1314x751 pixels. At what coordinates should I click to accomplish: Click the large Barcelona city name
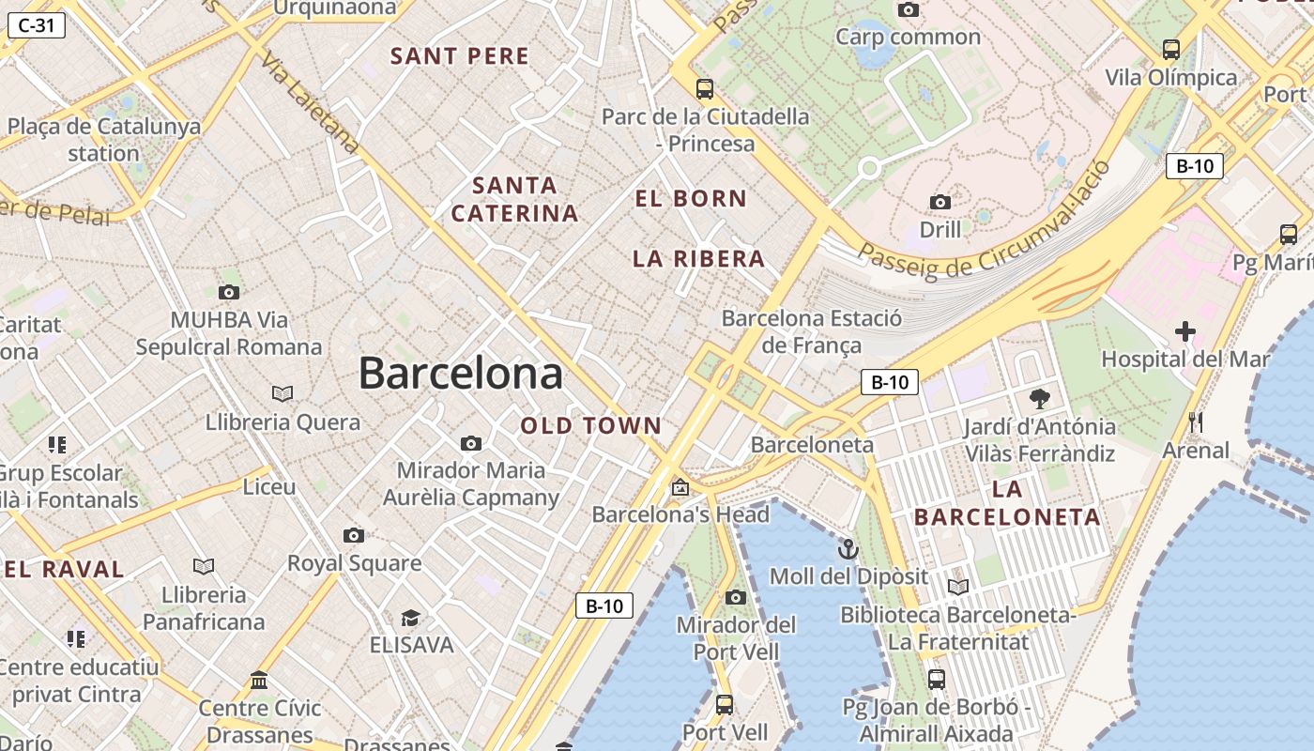461,374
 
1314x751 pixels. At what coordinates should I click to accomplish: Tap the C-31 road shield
37,25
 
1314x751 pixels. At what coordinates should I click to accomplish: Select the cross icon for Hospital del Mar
1185,331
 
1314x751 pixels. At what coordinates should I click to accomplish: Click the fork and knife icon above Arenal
1196,422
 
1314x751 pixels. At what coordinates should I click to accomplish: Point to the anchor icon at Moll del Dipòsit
848,548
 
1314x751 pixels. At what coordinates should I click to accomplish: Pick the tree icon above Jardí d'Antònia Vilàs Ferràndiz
1040,398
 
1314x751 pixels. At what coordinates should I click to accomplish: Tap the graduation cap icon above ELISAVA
410,618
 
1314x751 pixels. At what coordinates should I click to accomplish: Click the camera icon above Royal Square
354,535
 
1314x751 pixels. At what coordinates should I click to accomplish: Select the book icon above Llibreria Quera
283,393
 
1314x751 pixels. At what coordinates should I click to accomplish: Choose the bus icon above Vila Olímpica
1171,49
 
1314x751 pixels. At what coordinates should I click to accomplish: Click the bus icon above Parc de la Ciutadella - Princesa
705,89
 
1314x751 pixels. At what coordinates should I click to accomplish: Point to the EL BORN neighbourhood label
691,199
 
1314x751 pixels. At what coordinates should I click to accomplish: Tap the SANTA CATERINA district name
514,199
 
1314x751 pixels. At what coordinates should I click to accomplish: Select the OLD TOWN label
591,426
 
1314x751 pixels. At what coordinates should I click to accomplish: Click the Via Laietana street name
310,103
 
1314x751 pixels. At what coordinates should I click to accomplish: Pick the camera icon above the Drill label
940,202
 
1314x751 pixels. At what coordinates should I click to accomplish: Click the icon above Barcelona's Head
680,487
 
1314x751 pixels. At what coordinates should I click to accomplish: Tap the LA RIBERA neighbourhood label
698,259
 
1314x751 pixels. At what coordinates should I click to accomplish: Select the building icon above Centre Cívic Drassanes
259,680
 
